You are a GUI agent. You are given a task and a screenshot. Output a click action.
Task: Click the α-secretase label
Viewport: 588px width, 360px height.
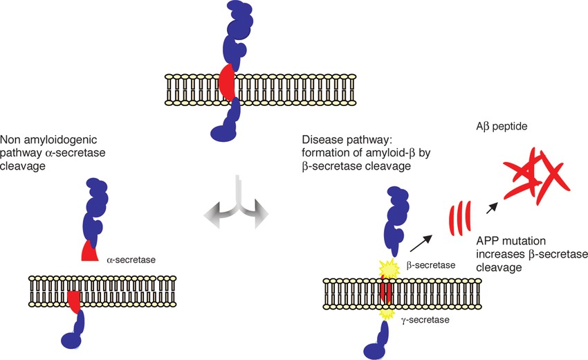click(x=131, y=260)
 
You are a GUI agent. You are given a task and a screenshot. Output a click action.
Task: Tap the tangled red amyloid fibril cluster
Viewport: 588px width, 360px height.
click(x=538, y=174)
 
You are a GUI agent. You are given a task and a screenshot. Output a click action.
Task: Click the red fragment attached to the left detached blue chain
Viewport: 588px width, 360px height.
click(x=89, y=252)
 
